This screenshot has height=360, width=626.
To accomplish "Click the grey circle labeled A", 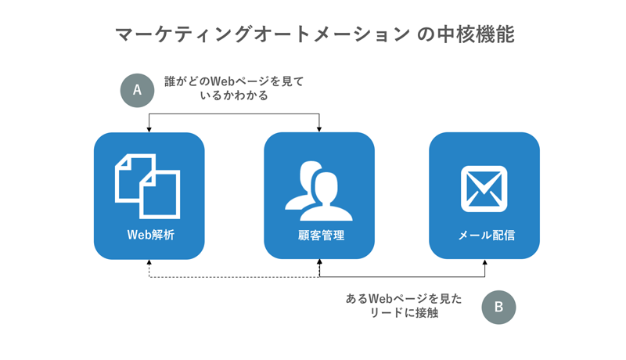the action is point(137,90).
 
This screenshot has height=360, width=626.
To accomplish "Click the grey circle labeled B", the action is point(498,308).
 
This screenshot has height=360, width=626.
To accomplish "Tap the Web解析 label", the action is point(151,235).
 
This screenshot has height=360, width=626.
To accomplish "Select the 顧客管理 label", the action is point(321,235).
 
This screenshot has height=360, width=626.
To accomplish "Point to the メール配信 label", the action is point(486,235).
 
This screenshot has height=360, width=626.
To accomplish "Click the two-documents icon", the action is point(147,186).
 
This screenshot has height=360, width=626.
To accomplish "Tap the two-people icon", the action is point(318,191).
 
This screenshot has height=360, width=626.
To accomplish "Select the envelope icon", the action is point(484,189).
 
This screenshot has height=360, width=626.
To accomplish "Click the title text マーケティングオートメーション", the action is point(262,34).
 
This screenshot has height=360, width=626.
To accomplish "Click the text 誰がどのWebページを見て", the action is point(234,81).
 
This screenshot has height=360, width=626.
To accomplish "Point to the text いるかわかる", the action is point(234,95).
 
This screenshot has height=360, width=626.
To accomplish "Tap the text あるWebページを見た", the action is point(404,298).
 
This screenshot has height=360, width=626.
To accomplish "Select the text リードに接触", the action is point(404,313).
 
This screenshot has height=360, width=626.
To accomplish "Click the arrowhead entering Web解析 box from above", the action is point(149,129).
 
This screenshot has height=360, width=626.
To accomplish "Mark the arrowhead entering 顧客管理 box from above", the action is point(319,129).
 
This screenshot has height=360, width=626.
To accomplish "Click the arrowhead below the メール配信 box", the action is point(484,262).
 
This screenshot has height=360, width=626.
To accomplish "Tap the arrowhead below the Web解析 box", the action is point(149,262).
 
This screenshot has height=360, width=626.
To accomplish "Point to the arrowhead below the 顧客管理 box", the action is point(319,262).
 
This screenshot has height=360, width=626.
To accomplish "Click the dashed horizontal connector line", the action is point(234,277).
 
